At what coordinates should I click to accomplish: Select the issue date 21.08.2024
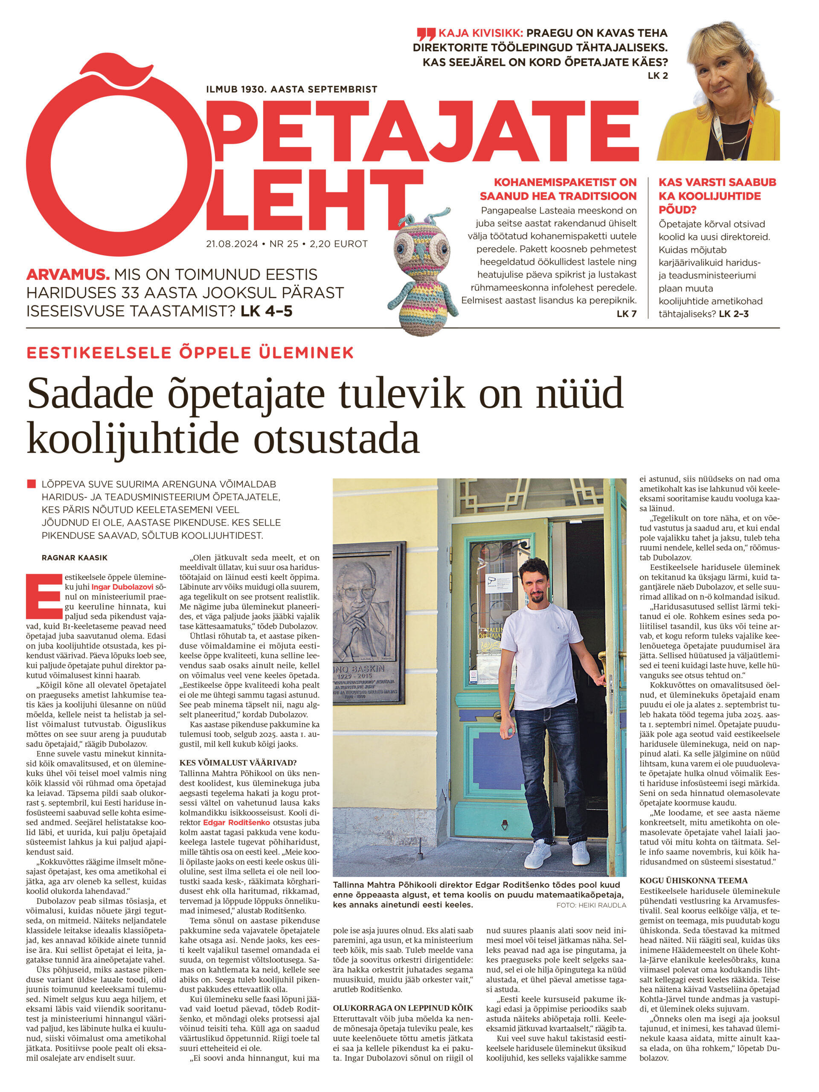(232, 244)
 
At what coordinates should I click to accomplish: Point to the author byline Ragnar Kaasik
(74, 558)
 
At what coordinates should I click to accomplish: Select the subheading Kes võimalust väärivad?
(238, 762)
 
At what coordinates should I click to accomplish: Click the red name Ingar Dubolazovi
(122, 587)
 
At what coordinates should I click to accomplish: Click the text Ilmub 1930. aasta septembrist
(291, 89)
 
